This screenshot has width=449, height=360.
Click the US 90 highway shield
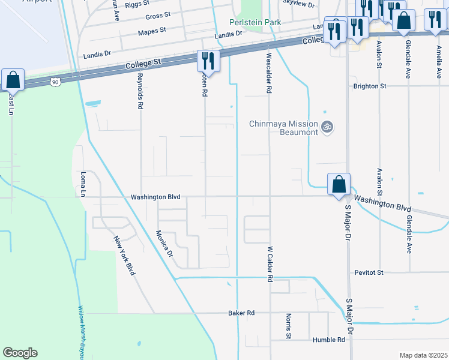(56, 80)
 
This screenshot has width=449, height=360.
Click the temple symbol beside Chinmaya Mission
(328, 127)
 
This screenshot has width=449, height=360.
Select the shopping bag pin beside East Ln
(13, 79)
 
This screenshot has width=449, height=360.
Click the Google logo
(20, 353)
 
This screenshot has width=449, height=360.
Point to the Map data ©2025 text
(423, 355)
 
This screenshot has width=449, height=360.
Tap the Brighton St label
(370, 86)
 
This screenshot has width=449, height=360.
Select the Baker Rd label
(241, 313)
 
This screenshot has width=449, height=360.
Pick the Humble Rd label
(329, 340)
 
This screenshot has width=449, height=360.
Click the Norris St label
(289, 325)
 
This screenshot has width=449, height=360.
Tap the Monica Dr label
(164, 244)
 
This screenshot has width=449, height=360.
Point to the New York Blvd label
(124, 256)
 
